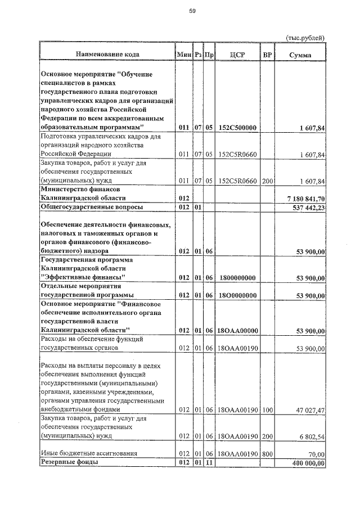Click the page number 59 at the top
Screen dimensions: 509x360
[x=192, y=11]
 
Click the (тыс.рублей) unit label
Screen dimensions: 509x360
[x=305, y=38]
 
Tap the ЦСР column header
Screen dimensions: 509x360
[x=237, y=55]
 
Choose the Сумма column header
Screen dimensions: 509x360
[x=300, y=55]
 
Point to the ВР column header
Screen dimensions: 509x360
[x=267, y=55]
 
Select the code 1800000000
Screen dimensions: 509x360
[x=237, y=278]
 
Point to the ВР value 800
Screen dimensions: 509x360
[x=267, y=453]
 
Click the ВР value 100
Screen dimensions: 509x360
[x=267, y=410]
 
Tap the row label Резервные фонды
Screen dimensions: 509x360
[x=69, y=462]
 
